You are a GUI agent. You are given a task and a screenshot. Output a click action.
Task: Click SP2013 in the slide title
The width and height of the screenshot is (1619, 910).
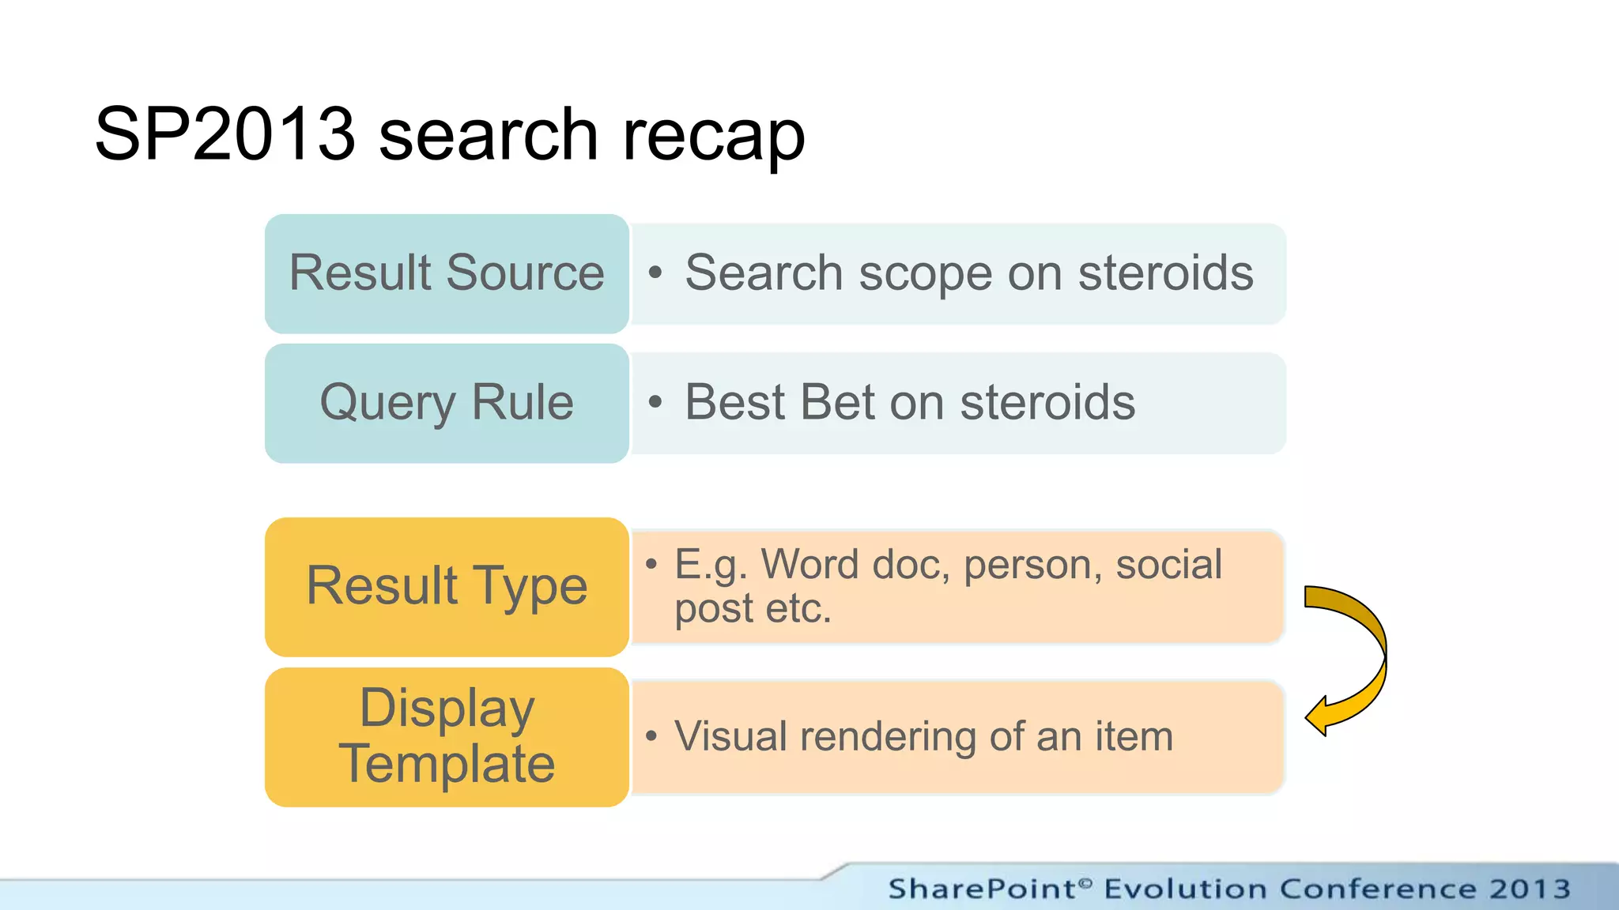point(225,134)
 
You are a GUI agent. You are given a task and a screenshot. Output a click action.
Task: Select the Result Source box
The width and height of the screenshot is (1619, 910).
point(447,273)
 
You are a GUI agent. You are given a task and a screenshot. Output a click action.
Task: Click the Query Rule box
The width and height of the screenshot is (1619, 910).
point(447,403)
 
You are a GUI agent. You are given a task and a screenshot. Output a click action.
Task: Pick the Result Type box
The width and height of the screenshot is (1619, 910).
point(447,586)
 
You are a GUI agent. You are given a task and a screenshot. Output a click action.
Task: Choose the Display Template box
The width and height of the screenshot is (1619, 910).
point(447,736)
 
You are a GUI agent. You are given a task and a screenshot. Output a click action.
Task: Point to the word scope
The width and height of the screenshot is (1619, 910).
point(925,273)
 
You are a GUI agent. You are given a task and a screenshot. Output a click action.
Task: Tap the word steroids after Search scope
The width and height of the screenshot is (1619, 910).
point(1165,273)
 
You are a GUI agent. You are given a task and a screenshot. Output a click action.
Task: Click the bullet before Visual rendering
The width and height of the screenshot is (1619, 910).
point(651,736)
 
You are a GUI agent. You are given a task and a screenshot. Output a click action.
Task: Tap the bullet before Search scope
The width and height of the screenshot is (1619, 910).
point(655,273)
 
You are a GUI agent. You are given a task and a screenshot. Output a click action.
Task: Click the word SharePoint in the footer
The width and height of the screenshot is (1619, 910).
point(981,889)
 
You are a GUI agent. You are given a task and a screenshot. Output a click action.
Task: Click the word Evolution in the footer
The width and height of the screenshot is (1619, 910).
point(1186,889)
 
